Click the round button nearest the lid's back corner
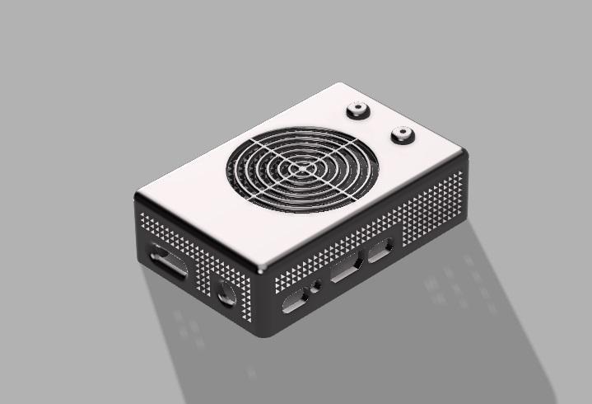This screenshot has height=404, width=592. tap(359, 109)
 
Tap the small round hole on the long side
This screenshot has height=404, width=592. tap(316, 289)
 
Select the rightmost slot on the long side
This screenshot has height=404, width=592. tap(380, 250)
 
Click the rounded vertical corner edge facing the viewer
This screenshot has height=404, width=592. tap(261, 305)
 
